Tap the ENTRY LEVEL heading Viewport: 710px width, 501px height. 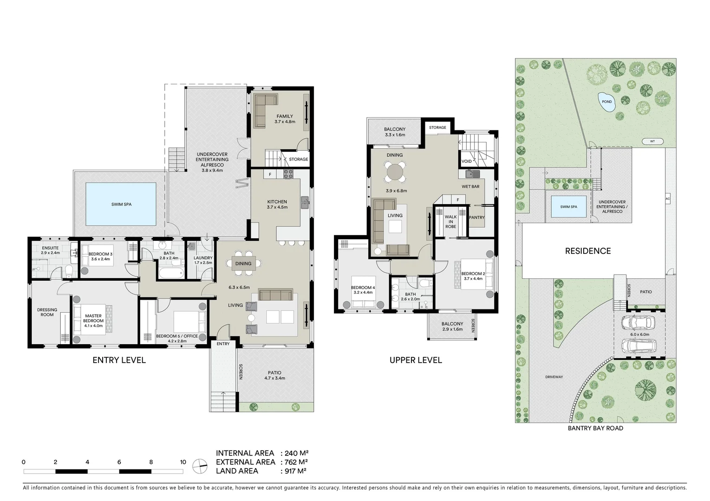[119, 360]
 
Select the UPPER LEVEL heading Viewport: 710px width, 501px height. [416, 360]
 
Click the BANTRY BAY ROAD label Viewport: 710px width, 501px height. [595, 428]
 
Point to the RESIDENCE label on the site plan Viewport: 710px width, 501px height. [587, 251]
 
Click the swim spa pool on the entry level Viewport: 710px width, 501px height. [121, 204]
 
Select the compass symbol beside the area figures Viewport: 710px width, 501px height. [200, 465]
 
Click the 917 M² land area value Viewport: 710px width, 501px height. [295, 471]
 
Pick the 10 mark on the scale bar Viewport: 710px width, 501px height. [183, 462]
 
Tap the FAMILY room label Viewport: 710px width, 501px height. [285, 116]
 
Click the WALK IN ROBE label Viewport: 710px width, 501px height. [450, 222]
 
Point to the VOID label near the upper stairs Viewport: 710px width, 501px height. [467, 161]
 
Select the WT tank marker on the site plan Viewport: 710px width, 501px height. [652, 141]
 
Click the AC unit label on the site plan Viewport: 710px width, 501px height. [668, 199]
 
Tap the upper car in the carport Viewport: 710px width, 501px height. [638, 321]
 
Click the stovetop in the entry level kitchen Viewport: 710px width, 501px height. [288, 174]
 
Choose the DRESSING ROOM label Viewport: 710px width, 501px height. [47, 312]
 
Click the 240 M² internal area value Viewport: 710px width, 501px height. [295, 453]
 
